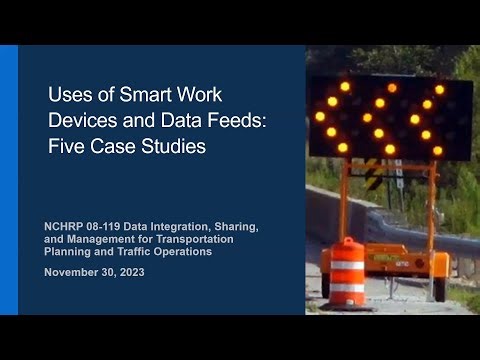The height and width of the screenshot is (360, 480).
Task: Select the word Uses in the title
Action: point(68,98)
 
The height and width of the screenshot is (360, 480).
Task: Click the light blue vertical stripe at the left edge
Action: point(9,180)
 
